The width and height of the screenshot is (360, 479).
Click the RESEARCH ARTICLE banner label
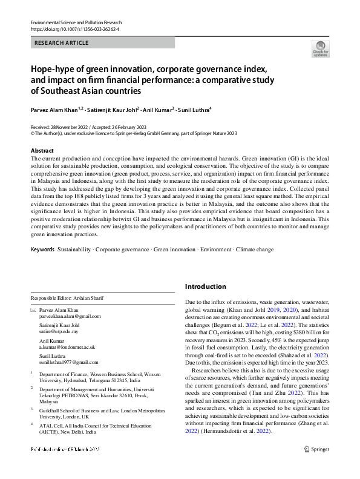[62, 43]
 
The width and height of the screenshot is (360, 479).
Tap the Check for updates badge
[320, 50]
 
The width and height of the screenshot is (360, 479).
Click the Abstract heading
[42, 150]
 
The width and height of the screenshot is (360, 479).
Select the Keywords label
[42, 249]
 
